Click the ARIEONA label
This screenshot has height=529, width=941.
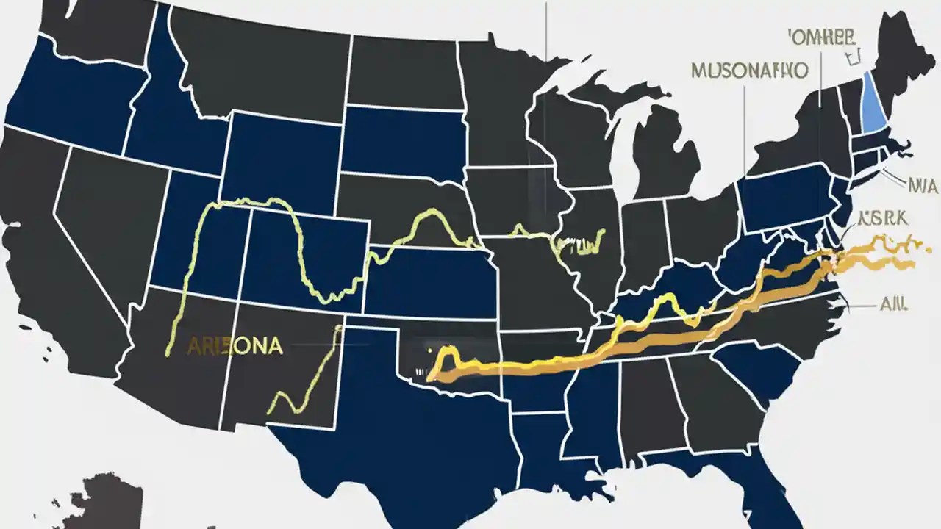(235, 347)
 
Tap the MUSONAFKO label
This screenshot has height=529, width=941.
(750, 71)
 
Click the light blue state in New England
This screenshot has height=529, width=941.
(873, 107)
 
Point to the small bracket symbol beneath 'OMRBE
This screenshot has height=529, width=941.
(853, 57)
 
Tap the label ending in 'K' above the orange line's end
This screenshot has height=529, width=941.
(883, 217)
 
